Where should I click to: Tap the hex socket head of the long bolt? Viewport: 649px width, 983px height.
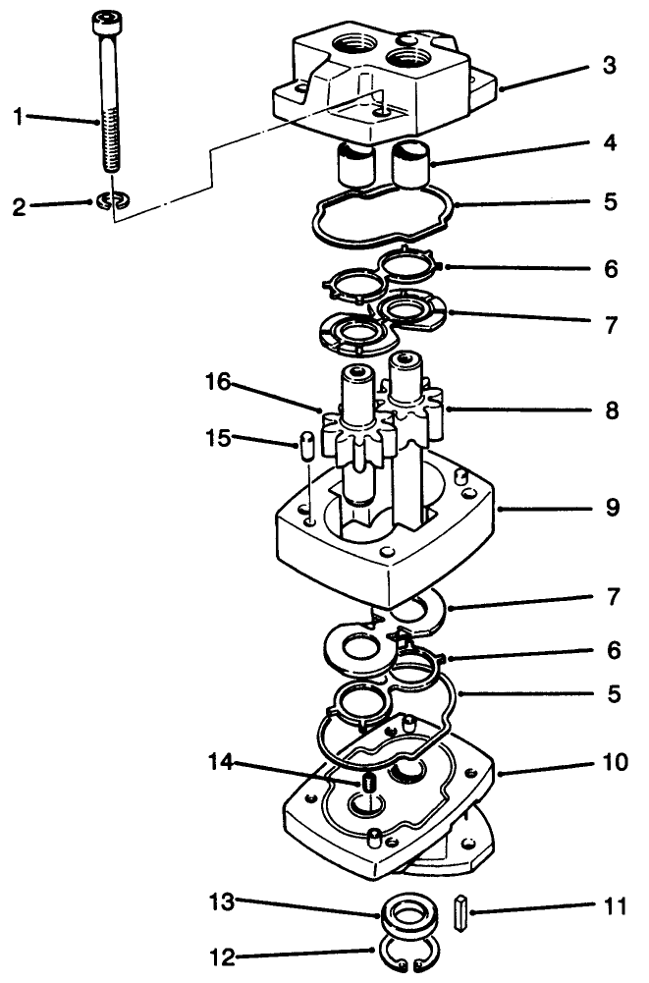coord(104,21)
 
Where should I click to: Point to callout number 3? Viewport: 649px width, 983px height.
coord(611,67)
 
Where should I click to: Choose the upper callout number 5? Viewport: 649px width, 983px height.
coord(611,202)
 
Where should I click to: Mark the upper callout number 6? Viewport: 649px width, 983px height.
coord(611,268)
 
